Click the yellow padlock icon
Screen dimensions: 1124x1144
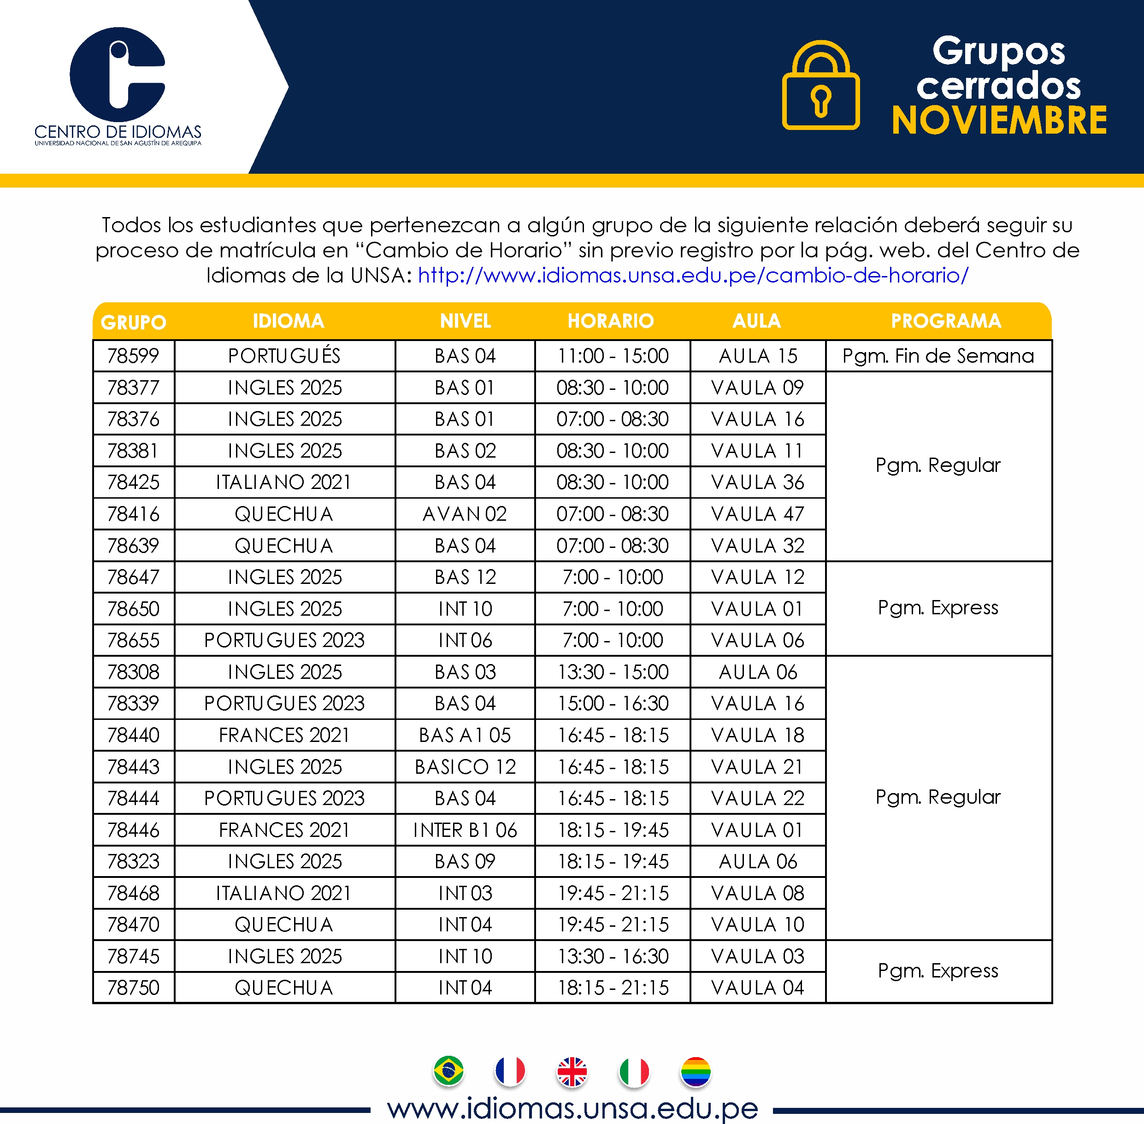click(x=820, y=86)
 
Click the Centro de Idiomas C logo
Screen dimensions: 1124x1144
click(x=118, y=76)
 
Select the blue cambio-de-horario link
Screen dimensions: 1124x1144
click(x=693, y=275)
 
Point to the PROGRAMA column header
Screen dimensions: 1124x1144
click(x=946, y=321)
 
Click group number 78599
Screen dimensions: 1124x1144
click(x=133, y=356)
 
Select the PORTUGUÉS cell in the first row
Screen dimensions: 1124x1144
click(x=284, y=356)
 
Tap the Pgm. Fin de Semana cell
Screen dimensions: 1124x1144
click(x=938, y=356)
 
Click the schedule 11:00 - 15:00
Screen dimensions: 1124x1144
click(x=613, y=356)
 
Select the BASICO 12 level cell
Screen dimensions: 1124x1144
click(x=465, y=767)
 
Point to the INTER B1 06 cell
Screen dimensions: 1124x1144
click(x=465, y=830)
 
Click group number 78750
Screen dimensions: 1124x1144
click(x=133, y=988)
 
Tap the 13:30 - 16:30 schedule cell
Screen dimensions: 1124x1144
click(x=613, y=956)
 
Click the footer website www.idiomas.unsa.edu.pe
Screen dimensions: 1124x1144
click(x=572, y=1108)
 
